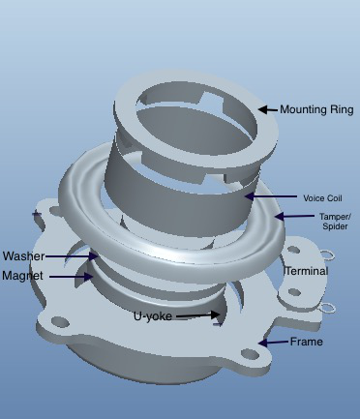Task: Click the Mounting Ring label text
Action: point(316,109)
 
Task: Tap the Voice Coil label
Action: point(322,198)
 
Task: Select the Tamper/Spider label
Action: point(335,222)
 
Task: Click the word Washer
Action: point(23,256)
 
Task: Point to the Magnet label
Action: point(22,276)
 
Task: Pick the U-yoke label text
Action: point(153,316)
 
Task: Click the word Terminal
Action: point(307,271)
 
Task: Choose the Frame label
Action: point(306,342)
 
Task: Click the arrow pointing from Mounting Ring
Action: point(268,109)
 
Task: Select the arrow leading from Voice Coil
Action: point(271,196)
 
